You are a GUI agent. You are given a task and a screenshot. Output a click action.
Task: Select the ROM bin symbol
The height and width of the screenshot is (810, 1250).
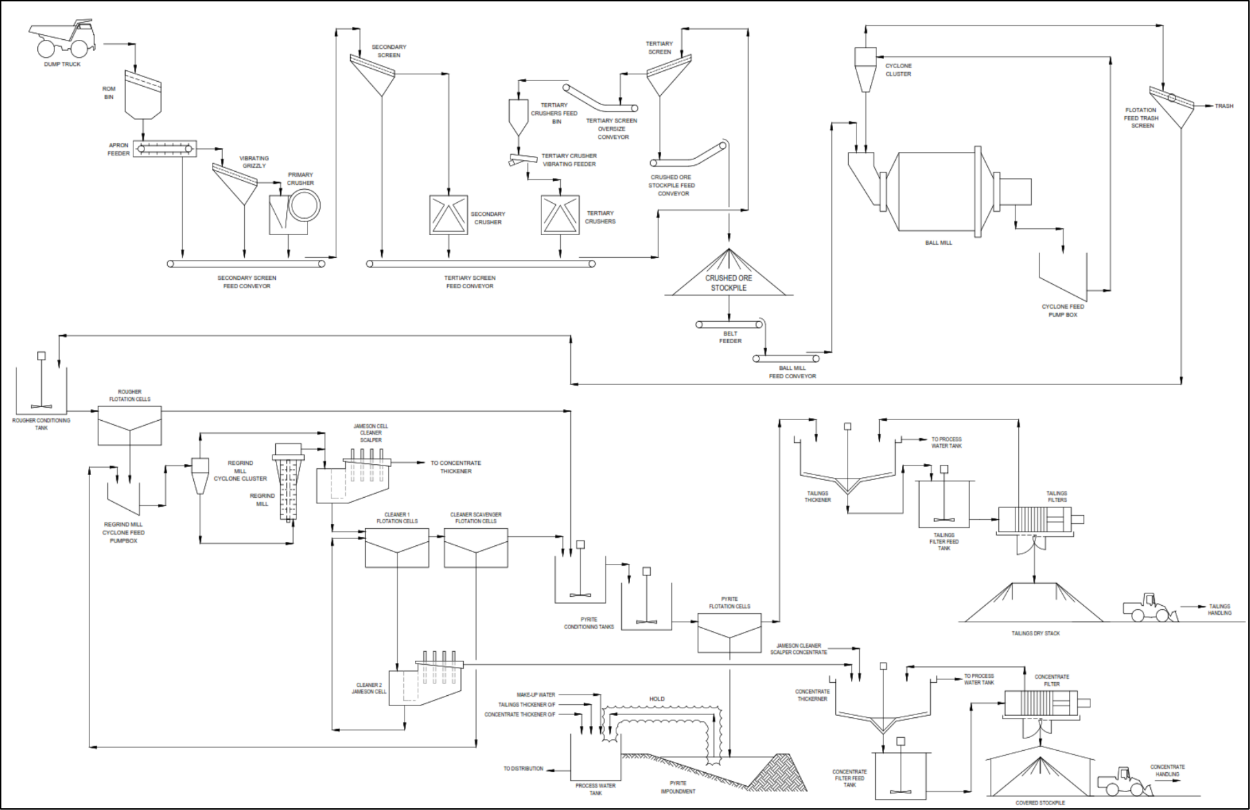(x=143, y=94)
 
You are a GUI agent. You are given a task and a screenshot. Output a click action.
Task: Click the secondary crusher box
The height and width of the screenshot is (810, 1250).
(x=449, y=215)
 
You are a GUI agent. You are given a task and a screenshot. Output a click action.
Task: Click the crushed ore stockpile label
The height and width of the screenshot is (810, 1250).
(x=729, y=283)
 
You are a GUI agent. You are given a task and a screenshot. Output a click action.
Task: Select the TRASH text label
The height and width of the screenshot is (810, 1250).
(x=1224, y=106)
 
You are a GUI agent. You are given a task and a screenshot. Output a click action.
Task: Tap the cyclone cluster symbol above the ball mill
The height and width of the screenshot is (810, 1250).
(x=865, y=69)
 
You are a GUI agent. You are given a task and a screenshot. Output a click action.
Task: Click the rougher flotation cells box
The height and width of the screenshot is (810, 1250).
(x=129, y=426)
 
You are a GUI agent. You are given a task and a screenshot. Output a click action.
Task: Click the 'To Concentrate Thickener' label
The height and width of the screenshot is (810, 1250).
(x=455, y=467)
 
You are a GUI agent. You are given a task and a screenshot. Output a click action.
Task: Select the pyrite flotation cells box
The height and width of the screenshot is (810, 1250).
(x=730, y=633)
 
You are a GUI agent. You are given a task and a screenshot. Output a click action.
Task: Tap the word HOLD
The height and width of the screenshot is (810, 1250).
(x=657, y=699)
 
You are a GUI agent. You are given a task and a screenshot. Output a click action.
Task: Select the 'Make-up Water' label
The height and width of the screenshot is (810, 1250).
(x=536, y=695)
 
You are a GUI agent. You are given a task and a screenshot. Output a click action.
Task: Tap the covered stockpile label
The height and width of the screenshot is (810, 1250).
(x=1040, y=802)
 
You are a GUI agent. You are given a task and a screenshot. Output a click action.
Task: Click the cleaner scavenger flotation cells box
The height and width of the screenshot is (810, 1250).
(x=476, y=548)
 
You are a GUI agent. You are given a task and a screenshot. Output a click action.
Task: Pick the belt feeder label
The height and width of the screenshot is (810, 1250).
(x=730, y=337)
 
